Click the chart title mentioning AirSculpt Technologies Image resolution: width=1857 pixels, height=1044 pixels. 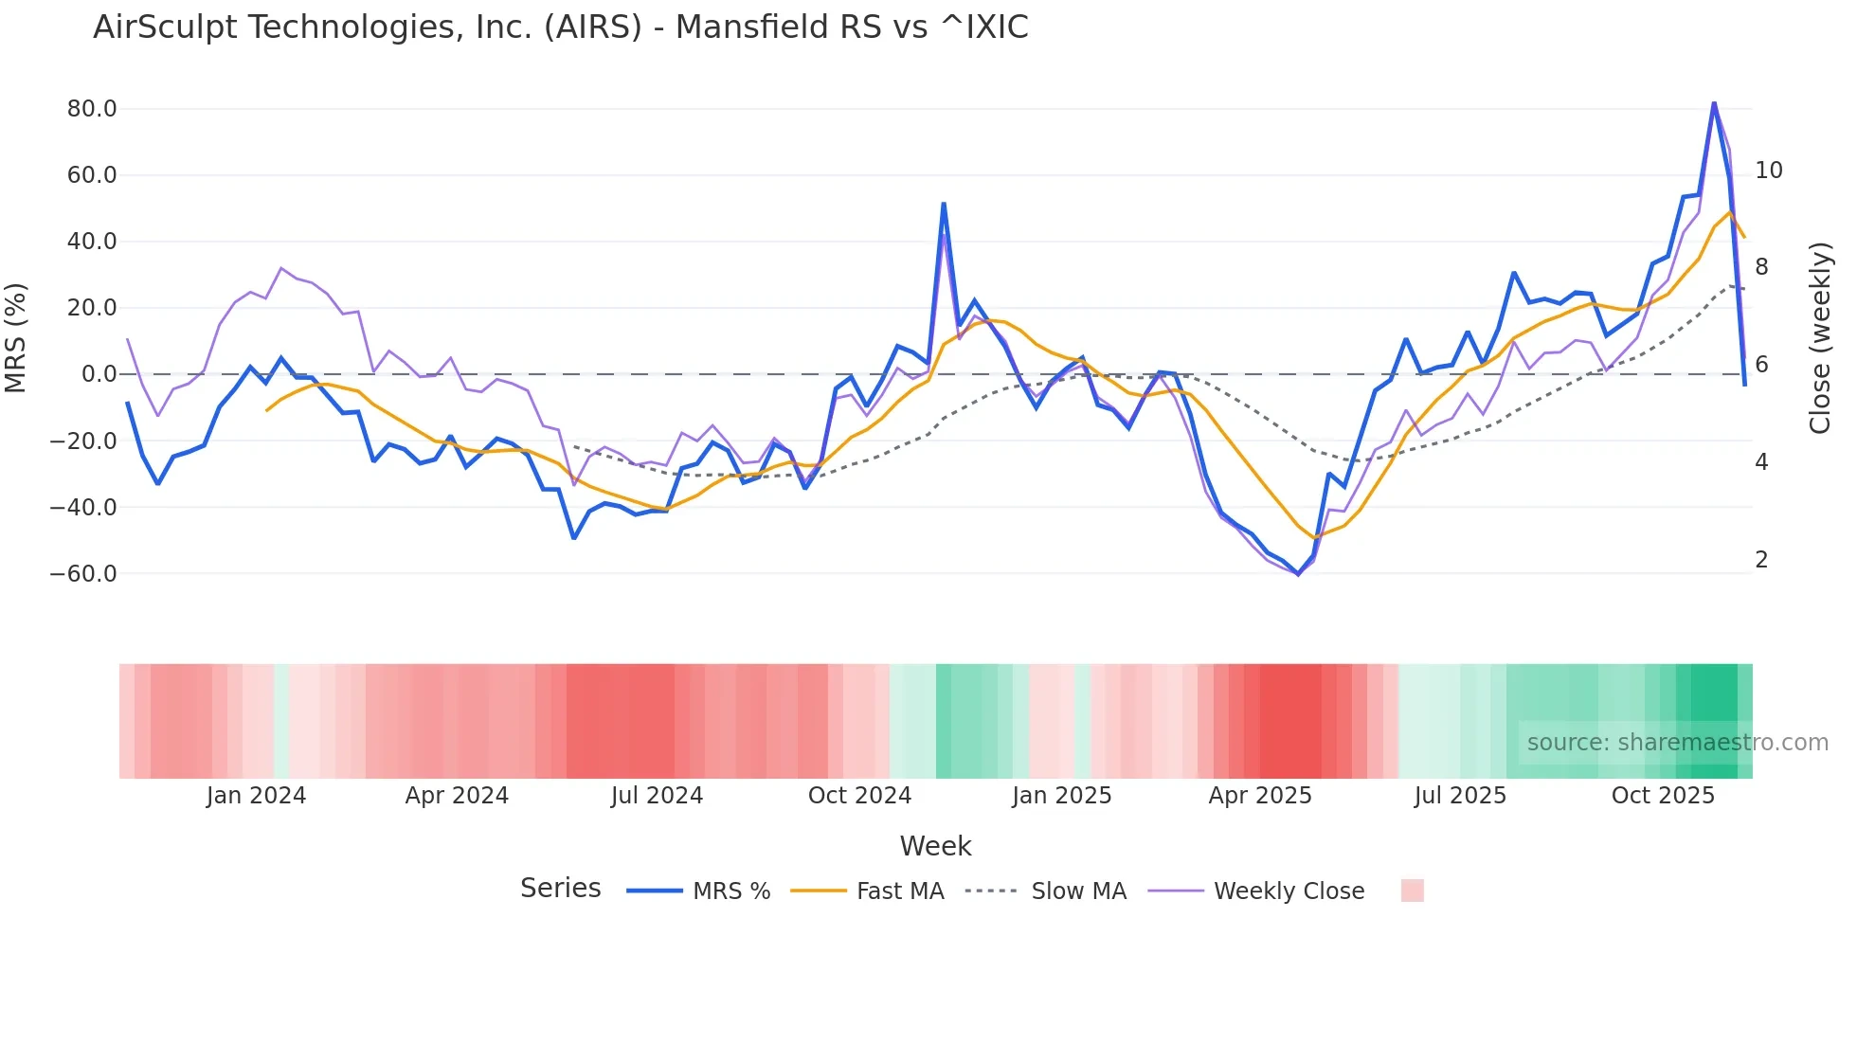point(560,27)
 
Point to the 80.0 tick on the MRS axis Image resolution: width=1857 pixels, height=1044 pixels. point(92,109)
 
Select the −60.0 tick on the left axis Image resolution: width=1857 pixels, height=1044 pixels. point(83,573)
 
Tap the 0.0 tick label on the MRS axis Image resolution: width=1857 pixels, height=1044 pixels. point(99,374)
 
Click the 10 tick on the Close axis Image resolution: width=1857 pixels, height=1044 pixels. point(1768,171)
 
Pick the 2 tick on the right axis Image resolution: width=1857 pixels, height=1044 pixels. point(1761,560)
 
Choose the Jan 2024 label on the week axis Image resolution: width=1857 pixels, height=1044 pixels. point(256,796)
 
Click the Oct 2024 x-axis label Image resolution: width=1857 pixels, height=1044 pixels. point(859,796)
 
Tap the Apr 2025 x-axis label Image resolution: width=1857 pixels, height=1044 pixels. point(1259,796)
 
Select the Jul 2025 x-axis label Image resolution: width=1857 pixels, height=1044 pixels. point(1460,796)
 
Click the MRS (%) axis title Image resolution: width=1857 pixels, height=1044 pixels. point(16,337)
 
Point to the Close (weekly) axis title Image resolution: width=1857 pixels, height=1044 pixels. point(1820,338)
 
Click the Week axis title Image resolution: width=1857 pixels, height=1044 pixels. point(935,846)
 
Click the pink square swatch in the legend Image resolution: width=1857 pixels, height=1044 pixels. point(1412,891)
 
